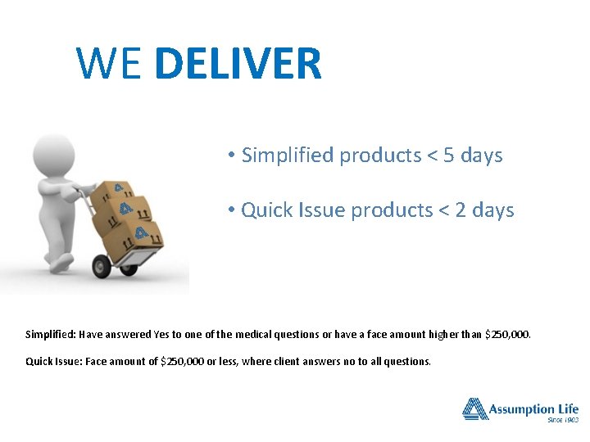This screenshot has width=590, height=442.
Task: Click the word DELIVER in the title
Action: (238, 64)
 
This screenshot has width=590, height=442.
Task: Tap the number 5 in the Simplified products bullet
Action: (448, 155)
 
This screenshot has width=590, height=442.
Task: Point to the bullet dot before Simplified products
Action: (233, 156)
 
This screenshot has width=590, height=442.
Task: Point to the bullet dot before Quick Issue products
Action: (233, 211)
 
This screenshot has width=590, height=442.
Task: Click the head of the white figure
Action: (52, 155)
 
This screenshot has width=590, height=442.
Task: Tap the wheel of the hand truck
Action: (102, 265)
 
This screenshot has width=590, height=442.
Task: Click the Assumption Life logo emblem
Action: (474, 408)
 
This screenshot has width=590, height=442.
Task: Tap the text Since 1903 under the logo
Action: (562, 420)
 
